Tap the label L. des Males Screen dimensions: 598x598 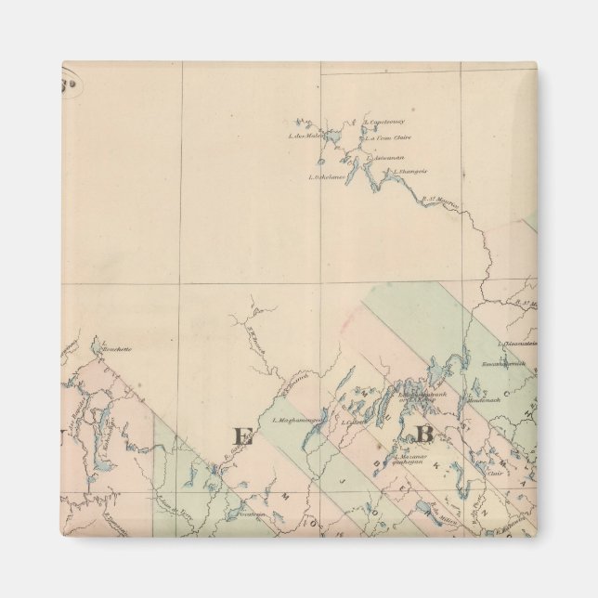[305, 136]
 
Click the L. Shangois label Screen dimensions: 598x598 [409, 171]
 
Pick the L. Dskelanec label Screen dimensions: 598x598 [326, 176]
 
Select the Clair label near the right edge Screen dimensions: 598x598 [495, 472]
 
